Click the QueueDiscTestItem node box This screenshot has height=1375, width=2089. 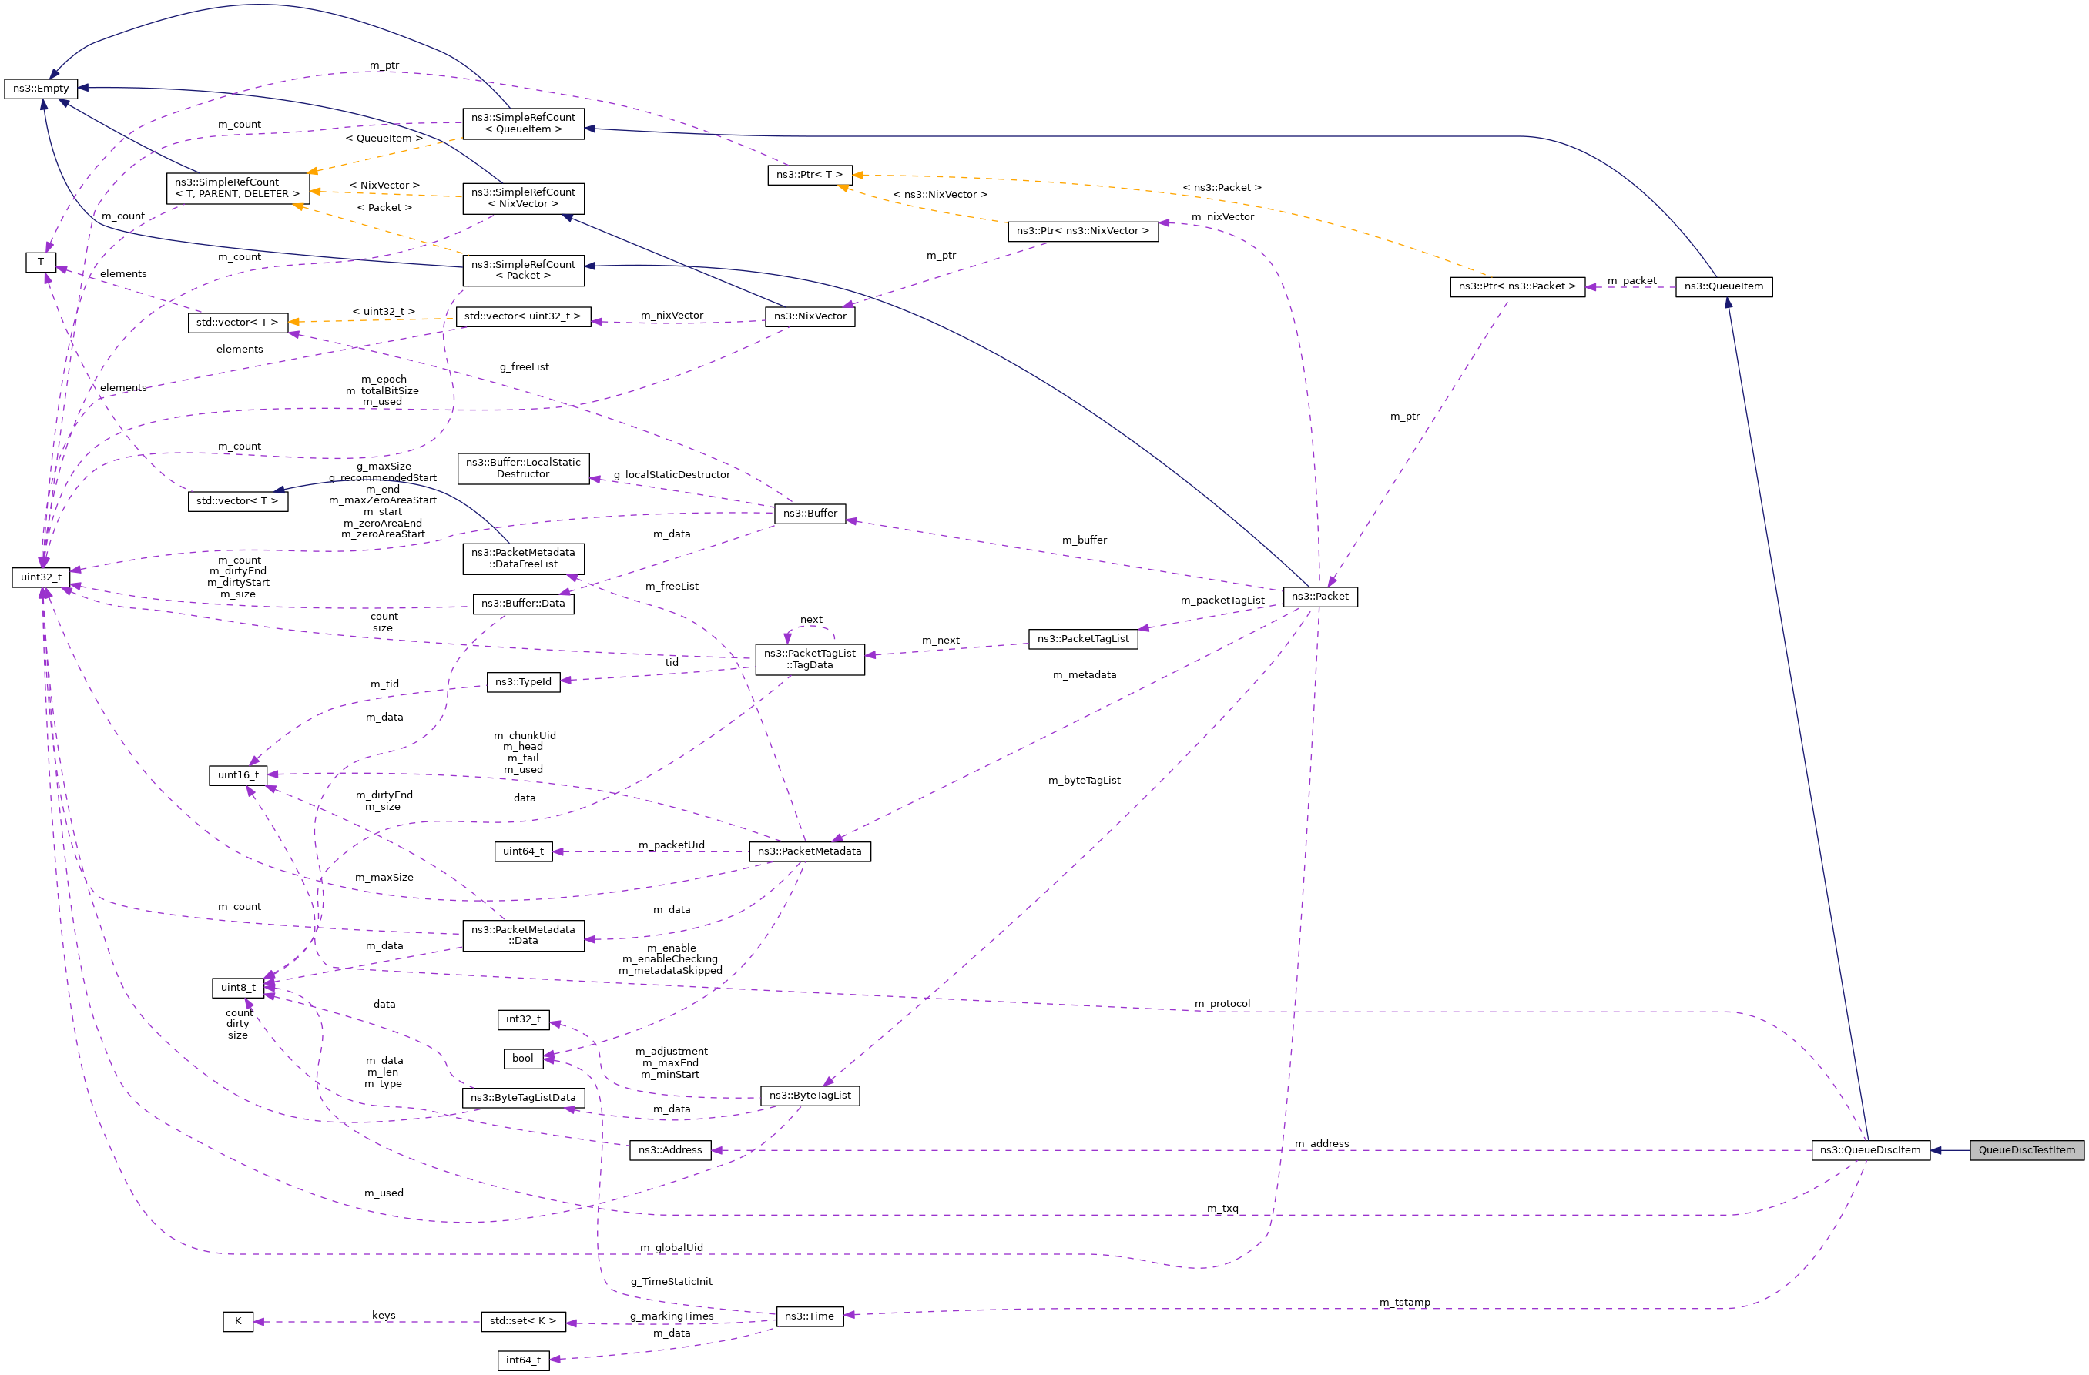tap(2026, 1149)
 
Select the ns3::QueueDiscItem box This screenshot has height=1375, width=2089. tap(1869, 1149)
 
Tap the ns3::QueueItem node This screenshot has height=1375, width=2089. tap(1723, 286)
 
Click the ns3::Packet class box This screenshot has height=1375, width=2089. tap(1319, 597)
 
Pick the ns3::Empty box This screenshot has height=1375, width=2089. tap(40, 89)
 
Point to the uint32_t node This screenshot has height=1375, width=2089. tap(40, 577)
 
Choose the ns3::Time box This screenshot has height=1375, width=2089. tap(810, 1316)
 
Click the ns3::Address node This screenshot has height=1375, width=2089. tap(669, 1149)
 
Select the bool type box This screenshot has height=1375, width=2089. tap(522, 1059)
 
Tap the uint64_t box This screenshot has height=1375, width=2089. tap(523, 851)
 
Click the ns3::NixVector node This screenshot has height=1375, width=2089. tap(810, 316)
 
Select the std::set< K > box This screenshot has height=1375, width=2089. tap(522, 1320)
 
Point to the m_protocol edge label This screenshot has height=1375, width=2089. tap(1222, 1004)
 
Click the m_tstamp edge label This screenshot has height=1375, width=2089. tap(1404, 1302)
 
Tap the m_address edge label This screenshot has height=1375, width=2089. tap(1321, 1143)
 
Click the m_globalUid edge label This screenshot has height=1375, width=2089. tap(671, 1248)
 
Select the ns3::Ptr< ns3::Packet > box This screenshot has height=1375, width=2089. tap(1517, 286)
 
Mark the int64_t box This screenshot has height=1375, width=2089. tap(523, 1360)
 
